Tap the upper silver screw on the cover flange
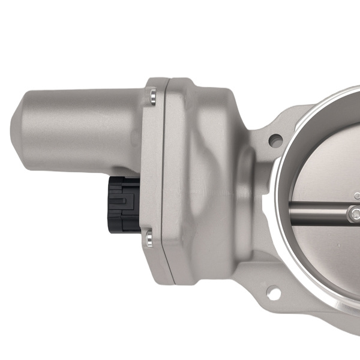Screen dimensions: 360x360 click(x=152, y=95)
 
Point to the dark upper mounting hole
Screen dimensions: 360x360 click(x=275, y=141)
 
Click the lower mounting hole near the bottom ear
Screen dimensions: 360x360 click(x=274, y=293)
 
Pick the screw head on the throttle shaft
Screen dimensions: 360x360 click(x=355, y=212)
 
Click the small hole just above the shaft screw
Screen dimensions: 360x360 click(x=357, y=196)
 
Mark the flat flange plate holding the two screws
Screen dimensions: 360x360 click(x=152, y=168)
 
